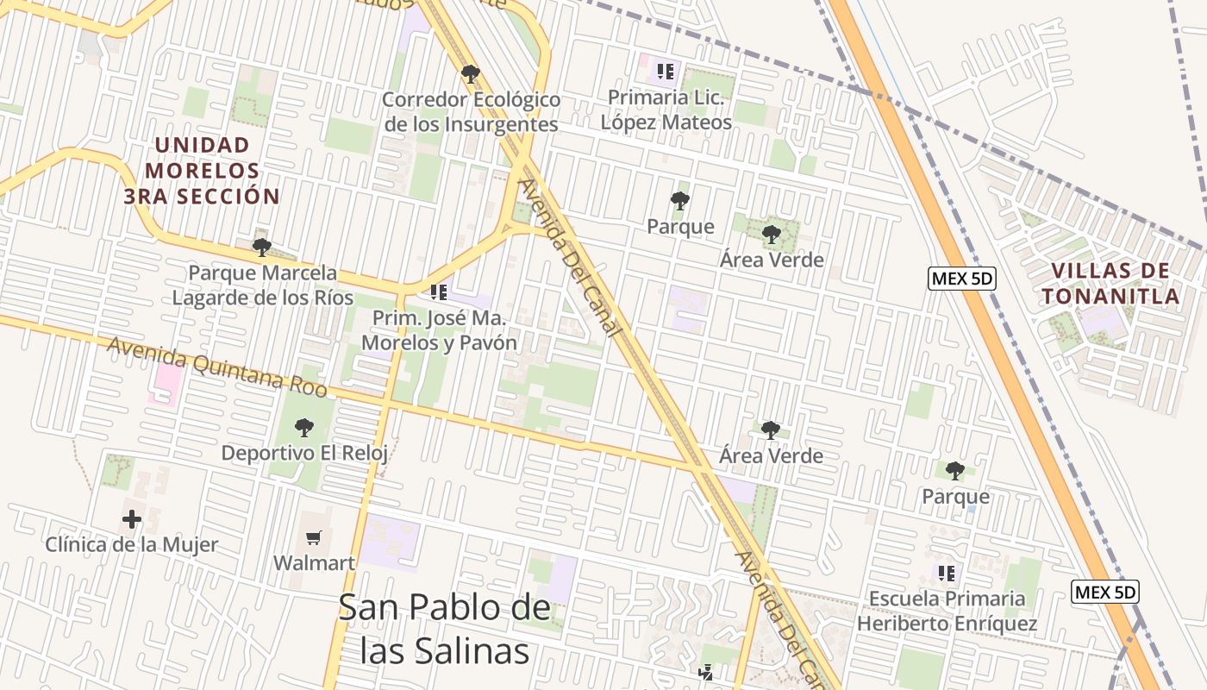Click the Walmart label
(314, 563)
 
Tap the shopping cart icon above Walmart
(314, 537)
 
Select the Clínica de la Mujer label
(132, 544)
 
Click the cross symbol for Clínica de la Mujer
(132, 519)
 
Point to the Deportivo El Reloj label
(304, 453)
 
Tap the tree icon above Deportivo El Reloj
(303, 427)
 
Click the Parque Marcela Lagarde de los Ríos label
(263, 285)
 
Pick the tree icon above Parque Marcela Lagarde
(262, 248)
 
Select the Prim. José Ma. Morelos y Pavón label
(439, 330)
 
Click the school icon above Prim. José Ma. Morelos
(439, 293)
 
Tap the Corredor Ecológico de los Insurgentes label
(471, 112)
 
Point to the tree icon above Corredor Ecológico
(470, 74)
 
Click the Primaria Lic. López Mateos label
(666, 110)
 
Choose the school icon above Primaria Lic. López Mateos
(664, 72)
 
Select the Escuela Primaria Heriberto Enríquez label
(947, 611)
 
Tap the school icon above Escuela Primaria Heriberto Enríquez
(947, 574)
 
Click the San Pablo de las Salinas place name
(444, 629)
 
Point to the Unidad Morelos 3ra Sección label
(203, 171)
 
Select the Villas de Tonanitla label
(1110, 284)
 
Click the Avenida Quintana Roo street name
(217, 367)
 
